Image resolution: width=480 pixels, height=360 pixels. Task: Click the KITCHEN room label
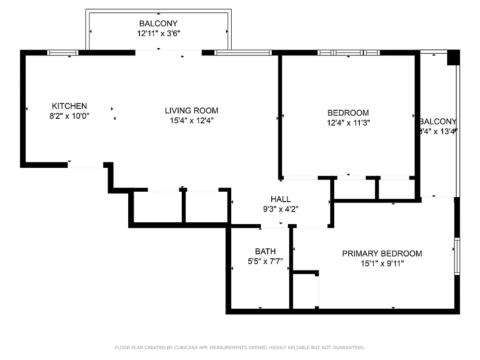[69, 106]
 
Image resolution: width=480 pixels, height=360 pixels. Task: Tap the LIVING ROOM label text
[191, 111]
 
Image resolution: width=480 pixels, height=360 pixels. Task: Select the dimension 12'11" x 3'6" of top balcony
[158, 33]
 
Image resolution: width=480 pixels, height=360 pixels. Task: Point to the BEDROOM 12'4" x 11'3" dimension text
[348, 122]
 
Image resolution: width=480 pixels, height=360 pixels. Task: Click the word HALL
[280, 199]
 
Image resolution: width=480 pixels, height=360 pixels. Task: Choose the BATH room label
[265, 252]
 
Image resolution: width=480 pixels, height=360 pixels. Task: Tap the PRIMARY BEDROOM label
[382, 254]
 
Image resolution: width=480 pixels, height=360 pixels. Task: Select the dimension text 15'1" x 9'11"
[382, 264]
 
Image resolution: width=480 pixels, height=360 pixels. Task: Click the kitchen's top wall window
[63, 53]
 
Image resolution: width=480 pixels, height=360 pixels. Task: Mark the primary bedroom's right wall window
[457, 256]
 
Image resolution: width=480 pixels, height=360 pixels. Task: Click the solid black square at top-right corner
[453, 58]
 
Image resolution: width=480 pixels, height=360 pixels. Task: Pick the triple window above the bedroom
[349, 53]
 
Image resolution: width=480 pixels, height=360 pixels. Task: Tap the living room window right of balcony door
[243, 53]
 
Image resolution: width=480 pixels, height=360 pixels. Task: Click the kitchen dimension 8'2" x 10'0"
[69, 116]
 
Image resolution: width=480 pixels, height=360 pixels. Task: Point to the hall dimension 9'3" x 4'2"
[280, 209]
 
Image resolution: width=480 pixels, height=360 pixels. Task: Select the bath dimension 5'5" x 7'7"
[265, 261]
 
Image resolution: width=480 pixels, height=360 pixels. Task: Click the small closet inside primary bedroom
[305, 291]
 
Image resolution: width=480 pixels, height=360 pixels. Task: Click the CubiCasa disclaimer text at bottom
[240, 347]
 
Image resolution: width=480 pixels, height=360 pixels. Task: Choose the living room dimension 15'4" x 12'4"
[191, 121]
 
